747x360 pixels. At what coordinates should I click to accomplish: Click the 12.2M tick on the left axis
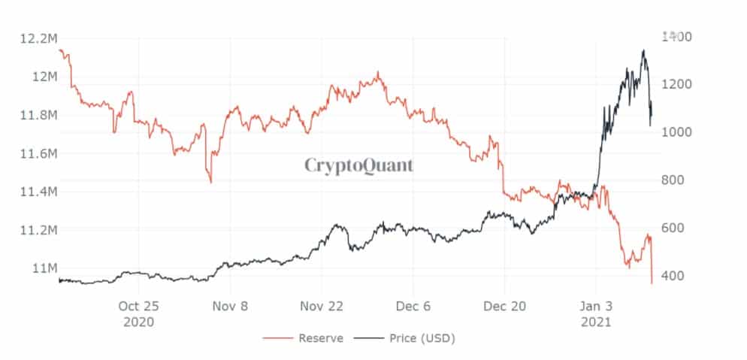(38, 38)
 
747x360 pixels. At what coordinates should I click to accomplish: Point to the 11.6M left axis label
(38, 153)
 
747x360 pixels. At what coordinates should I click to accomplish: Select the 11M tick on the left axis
(42, 268)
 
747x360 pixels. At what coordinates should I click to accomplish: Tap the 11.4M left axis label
(38, 192)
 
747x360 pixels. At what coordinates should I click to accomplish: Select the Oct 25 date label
(139, 307)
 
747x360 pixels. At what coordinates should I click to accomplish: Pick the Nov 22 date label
(321, 307)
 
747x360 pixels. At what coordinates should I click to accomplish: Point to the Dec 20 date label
(504, 307)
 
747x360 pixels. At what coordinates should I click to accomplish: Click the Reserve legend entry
(320, 338)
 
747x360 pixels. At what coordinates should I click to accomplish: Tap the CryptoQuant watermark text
(358, 165)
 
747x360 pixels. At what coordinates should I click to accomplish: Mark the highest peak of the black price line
(643, 50)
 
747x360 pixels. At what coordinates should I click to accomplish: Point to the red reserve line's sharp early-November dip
(210, 182)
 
